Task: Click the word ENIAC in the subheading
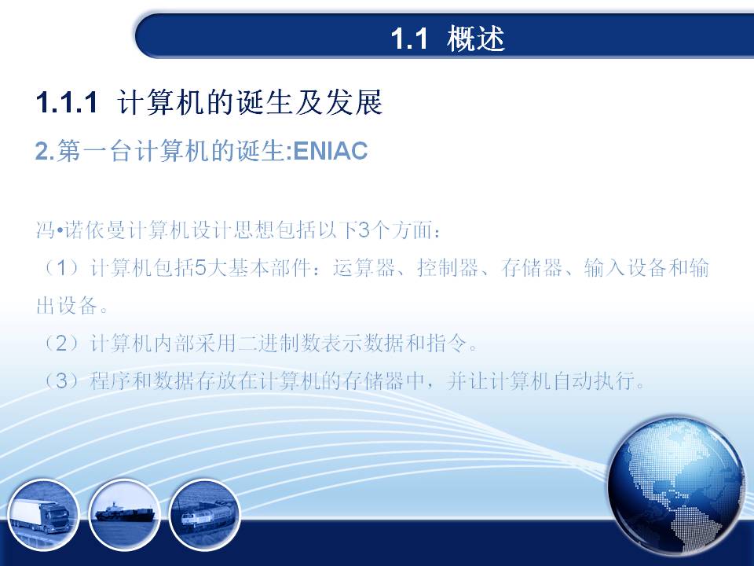click(331, 151)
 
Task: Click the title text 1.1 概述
click(448, 39)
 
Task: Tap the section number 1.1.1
click(67, 102)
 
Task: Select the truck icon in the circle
click(42, 514)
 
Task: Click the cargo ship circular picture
click(125, 514)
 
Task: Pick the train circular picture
click(204, 514)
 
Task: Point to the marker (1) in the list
click(62, 267)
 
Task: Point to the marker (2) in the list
click(62, 344)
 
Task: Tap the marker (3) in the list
click(62, 381)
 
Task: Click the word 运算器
click(364, 267)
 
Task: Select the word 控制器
click(448, 267)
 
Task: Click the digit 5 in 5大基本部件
click(201, 267)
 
